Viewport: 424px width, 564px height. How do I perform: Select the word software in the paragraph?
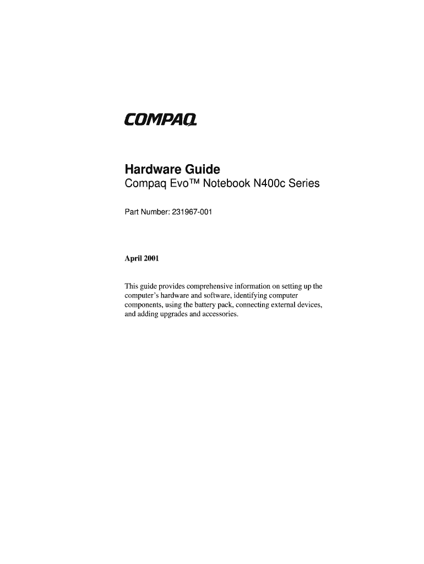(224, 296)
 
